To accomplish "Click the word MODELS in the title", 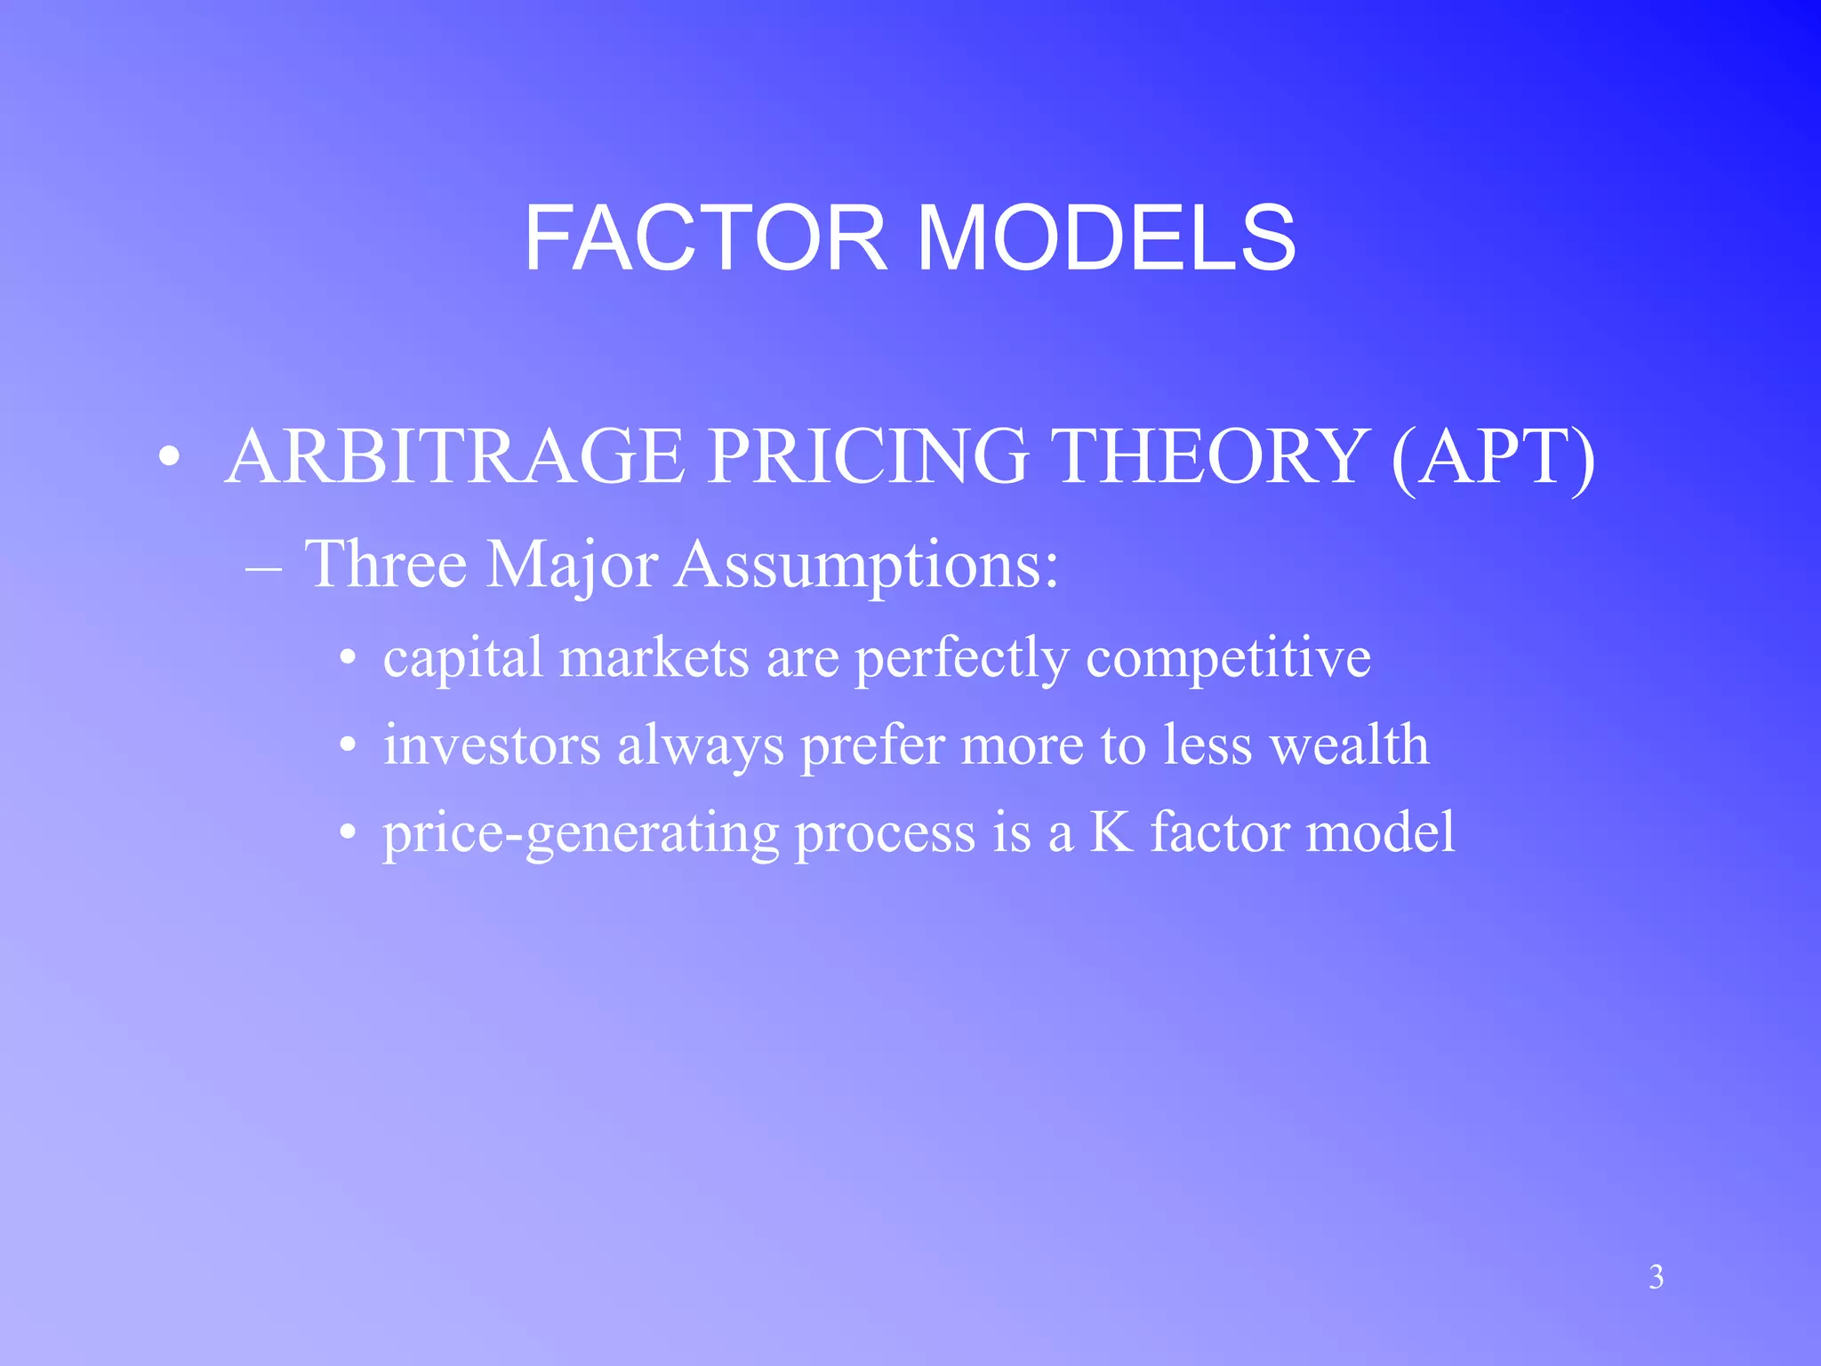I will [x=1106, y=238].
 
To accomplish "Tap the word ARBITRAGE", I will [x=455, y=456].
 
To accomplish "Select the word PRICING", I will [x=868, y=456].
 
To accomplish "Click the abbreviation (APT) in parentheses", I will [x=1493, y=456].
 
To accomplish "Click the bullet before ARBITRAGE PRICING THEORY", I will [x=169, y=458].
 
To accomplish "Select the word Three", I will [x=386, y=564].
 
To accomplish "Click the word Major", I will [x=572, y=564].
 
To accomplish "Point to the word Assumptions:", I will [x=867, y=566].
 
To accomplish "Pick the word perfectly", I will [x=962, y=659].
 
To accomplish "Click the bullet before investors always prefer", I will [x=349, y=746].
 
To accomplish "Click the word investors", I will [x=492, y=744].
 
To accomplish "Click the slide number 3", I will [x=1656, y=1277].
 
